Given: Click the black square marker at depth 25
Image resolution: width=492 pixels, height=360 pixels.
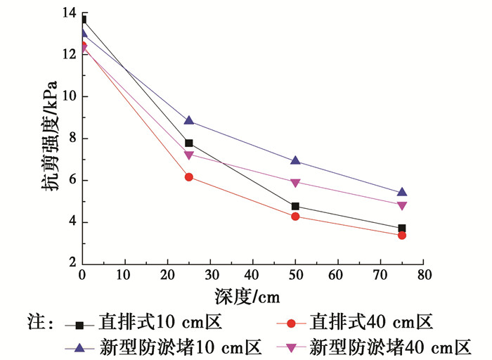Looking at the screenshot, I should pos(189,143).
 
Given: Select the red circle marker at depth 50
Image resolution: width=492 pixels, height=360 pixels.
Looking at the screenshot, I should pos(295,217).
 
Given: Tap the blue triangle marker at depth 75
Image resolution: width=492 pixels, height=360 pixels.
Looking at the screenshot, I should pos(401,192).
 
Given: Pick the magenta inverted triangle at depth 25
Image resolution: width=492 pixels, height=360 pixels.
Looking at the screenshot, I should pos(189,155).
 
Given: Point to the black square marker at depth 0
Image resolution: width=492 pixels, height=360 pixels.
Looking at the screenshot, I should pos(83,20).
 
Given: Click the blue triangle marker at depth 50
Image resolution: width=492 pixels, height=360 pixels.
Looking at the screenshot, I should pos(295,161).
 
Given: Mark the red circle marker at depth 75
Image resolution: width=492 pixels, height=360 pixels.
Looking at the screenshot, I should pos(401,235).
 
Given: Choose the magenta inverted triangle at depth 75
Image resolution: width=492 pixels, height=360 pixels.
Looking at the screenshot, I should pos(401,205).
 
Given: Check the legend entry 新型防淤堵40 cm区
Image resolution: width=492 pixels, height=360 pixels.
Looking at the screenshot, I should pos(390,347).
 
